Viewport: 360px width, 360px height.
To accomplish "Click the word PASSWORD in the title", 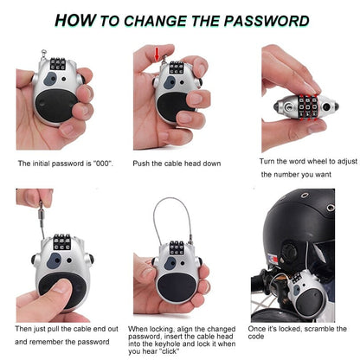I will coord(264,20).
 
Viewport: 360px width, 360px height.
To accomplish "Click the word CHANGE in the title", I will coord(155,20).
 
